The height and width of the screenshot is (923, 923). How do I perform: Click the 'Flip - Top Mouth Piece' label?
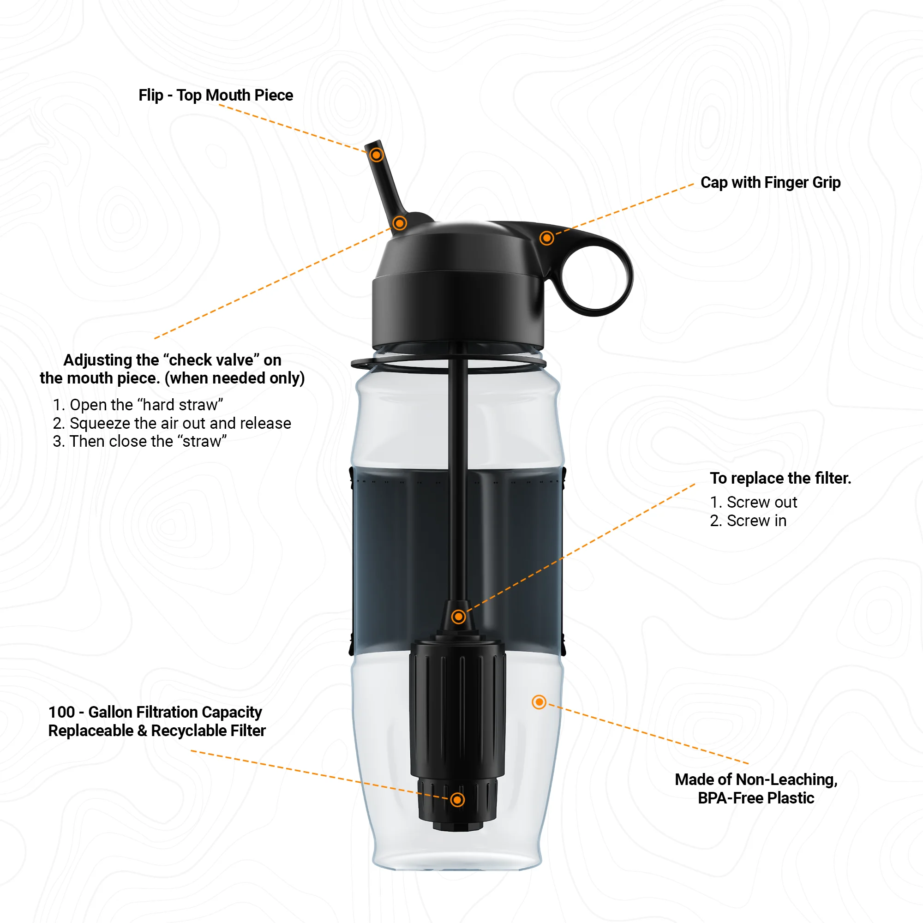click(216, 95)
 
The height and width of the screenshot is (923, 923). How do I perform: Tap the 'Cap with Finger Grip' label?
click(770, 182)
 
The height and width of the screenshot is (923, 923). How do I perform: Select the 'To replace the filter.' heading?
click(780, 478)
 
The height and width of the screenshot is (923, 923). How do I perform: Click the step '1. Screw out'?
click(754, 502)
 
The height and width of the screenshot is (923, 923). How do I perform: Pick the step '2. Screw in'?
click(748, 521)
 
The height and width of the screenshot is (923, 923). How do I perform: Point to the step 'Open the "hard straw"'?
click(138, 405)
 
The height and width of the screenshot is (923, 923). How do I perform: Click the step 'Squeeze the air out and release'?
click(172, 423)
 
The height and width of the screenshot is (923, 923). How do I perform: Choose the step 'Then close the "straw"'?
click(139, 442)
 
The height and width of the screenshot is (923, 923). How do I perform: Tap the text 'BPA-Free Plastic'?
click(756, 798)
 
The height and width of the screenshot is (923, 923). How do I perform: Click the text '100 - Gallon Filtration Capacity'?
click(155, 712)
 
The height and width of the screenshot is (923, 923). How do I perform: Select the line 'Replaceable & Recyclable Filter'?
click(157, 731)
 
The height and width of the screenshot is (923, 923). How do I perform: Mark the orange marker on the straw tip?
click(377, 155)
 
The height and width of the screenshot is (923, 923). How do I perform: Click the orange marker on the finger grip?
click(546, 238)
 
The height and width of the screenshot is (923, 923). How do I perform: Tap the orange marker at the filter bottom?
click(458, 800)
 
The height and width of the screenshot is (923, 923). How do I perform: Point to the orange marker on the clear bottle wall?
click(539, 702)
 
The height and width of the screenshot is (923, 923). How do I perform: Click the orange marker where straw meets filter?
click(459, 617)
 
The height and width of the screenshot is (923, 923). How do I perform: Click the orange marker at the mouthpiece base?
click(399, 222)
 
